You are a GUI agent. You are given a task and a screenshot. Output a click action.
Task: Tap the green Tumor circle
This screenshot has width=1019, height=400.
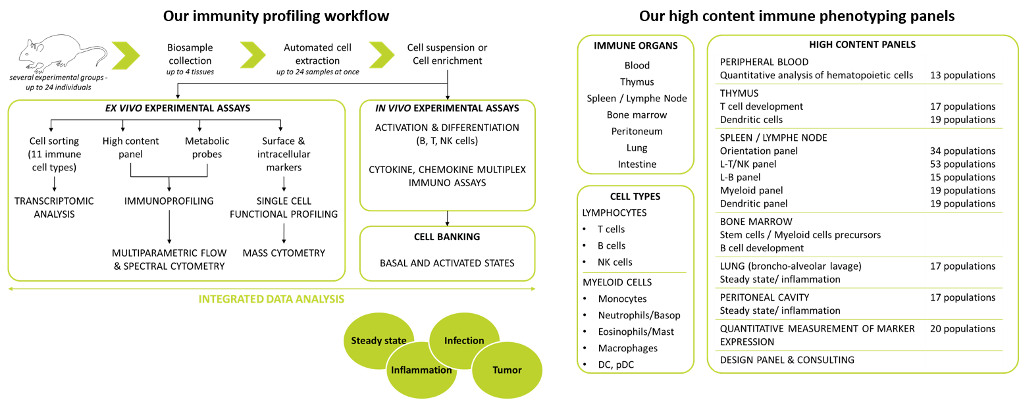507,370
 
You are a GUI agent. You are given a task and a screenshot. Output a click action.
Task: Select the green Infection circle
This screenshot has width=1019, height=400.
464,340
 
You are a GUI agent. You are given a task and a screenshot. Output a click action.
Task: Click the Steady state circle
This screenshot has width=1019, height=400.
379,340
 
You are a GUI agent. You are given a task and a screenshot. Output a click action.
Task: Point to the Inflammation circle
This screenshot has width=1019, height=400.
421,370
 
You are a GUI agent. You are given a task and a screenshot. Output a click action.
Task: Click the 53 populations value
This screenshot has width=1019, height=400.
962,164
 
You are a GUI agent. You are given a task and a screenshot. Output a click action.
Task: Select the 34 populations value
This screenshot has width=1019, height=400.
962,151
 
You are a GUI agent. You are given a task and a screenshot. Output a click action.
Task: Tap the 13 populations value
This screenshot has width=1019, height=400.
962,76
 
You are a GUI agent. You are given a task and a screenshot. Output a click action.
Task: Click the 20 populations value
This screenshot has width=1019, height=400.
962,329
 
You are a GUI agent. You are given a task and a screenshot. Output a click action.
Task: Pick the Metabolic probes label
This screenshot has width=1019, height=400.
207,148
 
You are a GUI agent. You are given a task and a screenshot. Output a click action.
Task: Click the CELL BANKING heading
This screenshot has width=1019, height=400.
447,237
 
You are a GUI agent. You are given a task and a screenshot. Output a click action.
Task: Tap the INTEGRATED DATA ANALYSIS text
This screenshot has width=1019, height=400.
271,299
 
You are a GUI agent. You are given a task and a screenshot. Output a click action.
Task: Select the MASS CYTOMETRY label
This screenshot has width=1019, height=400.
284,253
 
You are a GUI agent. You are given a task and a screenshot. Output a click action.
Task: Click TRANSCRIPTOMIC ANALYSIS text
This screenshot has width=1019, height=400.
54,208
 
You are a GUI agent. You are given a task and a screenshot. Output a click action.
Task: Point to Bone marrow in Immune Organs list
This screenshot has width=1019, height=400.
637,115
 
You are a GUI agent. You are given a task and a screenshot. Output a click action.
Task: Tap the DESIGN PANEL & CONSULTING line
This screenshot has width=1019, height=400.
787,360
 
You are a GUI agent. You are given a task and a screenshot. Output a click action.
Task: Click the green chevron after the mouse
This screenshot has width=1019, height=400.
126,55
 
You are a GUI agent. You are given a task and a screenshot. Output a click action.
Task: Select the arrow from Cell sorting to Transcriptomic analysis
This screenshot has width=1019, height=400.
54,184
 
